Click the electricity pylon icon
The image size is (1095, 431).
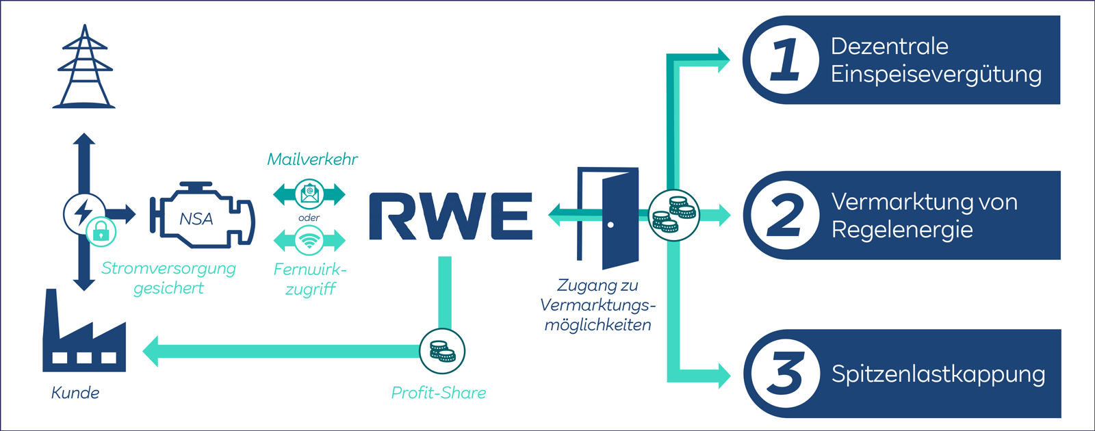point(84,68)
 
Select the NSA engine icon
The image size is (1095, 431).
point(201,215)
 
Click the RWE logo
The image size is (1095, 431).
point(450,216)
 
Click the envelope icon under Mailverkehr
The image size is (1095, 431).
point(309,194)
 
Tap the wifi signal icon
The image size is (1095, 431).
point(309,241)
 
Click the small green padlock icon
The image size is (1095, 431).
point(101,232)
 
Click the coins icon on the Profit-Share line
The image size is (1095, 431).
point(442,351)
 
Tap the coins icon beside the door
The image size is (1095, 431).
point(673,215)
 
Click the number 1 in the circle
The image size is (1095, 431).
point(784,60)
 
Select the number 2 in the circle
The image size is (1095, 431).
point(784,215)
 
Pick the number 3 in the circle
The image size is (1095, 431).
point(784,374)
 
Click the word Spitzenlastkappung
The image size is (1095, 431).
point(938,374)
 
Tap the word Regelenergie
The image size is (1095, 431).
point(901,230)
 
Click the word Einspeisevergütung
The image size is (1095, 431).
point(936,74)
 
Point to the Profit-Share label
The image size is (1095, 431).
point(438,393)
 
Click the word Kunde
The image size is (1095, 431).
point(75,393)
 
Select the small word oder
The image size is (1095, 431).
point(309,218)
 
